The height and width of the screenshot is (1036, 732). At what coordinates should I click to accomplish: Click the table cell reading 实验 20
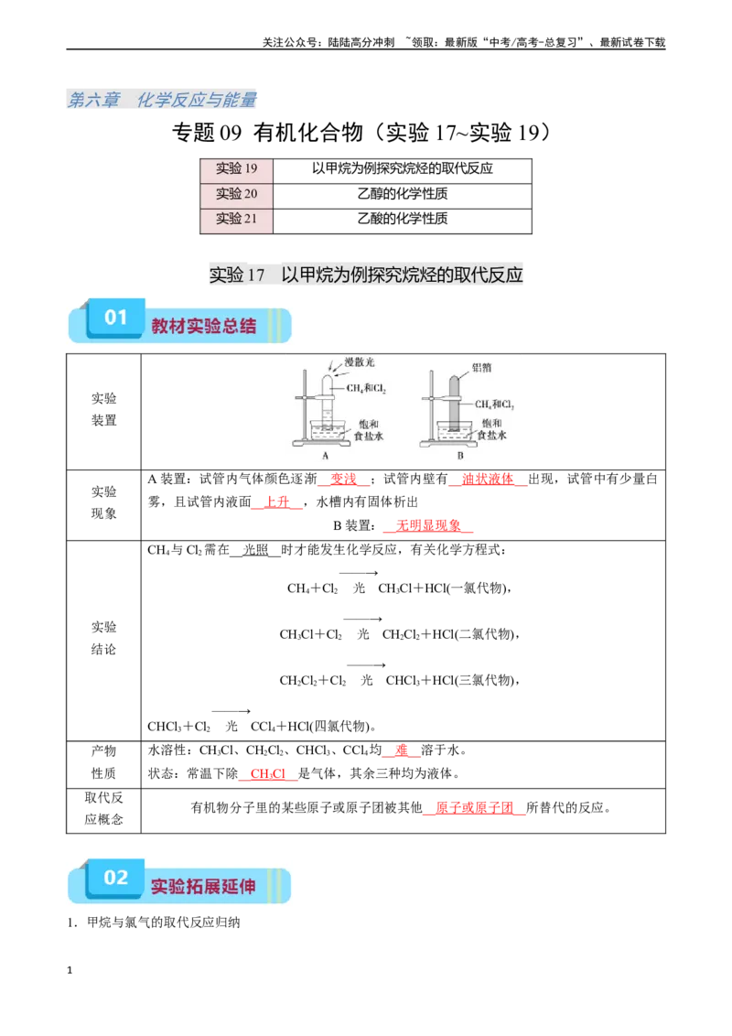(236, 194)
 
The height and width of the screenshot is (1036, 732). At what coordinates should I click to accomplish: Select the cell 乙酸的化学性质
(403, 219)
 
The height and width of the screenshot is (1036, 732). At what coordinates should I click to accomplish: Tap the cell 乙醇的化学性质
(403, 194)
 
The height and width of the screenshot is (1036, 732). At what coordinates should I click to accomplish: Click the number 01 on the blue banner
(115, 318)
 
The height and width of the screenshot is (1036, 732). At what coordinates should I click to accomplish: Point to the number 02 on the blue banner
(115, 878)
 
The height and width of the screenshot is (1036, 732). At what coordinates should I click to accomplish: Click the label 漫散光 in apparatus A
(360, 362)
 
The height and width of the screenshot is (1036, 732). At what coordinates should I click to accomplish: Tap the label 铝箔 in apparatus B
(481, 367)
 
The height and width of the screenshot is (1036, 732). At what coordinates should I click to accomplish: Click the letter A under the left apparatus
(325, 455)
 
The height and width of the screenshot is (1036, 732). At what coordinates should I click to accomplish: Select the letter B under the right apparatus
(460, 455)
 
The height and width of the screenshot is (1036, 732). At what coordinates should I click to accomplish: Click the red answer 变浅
(343, 479)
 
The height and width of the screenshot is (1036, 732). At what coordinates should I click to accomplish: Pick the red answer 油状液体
(488, 479)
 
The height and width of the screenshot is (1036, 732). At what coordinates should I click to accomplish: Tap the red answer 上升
(277, 502)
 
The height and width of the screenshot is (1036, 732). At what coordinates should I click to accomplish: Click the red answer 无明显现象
(428, 526)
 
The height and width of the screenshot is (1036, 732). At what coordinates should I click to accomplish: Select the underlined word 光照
(255, 550)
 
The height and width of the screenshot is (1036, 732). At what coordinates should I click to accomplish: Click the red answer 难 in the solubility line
(402, 750)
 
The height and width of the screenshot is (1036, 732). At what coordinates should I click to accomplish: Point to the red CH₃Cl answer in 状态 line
(267, 773)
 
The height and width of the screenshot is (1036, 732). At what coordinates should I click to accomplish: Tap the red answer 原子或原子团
(474, 807)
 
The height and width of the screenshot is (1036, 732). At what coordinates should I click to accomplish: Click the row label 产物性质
(103, 761)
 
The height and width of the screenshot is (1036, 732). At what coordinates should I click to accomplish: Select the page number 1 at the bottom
(70, 970)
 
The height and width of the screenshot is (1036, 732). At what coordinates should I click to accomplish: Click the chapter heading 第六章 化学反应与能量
(162, 100)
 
